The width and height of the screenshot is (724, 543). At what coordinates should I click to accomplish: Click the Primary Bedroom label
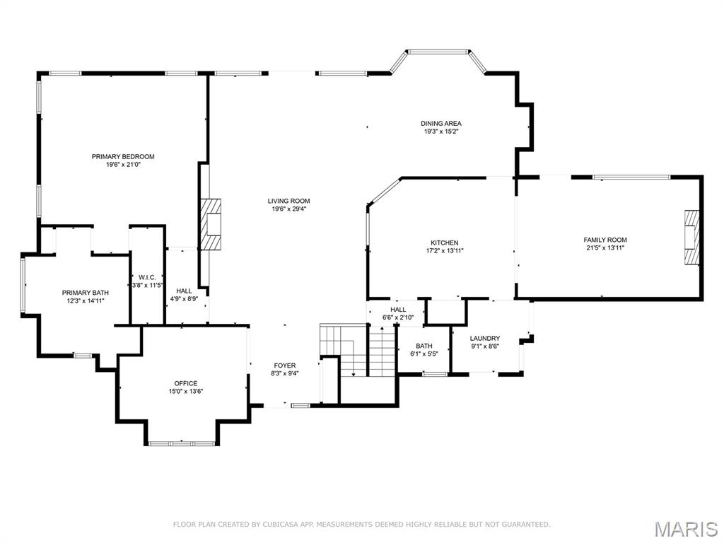click(x=123, y=157)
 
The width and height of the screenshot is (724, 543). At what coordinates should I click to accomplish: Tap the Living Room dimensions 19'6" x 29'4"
click(x=288, y=209)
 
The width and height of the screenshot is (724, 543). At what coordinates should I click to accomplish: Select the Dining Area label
click(x=441, y=124)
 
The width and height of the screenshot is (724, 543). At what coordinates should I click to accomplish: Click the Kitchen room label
click(x=445, y=243)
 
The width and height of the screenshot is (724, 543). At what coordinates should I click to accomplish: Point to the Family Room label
click(x=605, y=240)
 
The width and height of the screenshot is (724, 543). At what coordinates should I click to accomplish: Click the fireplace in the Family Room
click(x=691, y=238)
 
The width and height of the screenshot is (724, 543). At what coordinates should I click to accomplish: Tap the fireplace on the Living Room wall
click(x=211, y=224)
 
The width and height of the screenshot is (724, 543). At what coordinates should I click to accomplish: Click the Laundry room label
click(x=485, y=339)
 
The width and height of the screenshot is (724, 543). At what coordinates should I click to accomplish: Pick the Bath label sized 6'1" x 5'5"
click(x=424, y=346)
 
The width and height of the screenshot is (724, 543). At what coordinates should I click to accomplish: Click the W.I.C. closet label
click(x=147, y=277)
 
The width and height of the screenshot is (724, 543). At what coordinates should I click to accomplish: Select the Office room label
click(x=186, y=383)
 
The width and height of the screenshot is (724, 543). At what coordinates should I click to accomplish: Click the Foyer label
click(x=285, y=366)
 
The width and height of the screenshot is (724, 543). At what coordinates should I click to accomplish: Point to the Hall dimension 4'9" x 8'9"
click(x=184, y=299)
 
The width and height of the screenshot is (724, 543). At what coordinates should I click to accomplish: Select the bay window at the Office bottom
click(x=181, y=443)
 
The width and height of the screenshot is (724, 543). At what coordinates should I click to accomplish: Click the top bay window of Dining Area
click(x=438, y=52)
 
